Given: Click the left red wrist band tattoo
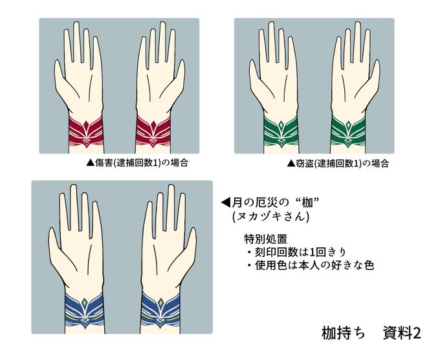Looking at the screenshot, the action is click(x=86, y=131).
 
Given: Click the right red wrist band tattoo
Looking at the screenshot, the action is click(x=153, y=131).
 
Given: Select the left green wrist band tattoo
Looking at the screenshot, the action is click(x=281, y=131).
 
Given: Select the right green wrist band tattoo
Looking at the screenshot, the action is click(x=348, y=131).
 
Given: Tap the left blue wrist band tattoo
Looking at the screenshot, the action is click(x=85, y=310).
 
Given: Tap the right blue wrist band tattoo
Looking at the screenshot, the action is click(x=160, y=310).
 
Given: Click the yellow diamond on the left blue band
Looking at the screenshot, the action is click(x=85, y=302).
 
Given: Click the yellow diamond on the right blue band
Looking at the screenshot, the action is click(x=160, y=302).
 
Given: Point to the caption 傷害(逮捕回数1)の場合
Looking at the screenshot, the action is click(x=142, y=163).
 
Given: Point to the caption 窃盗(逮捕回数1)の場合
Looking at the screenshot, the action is click(x=342, y=163).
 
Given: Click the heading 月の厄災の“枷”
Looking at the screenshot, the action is click(x=276, y=202).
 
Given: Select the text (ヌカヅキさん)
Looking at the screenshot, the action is click(x=270, y=216).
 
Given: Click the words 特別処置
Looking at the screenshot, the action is click(x=265, y=239).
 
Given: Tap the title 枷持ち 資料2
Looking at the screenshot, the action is click(x=371, y=333).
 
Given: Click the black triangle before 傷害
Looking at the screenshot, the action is click(x=91, y=163).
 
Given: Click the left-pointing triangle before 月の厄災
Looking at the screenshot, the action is click(x=226, y=202).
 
